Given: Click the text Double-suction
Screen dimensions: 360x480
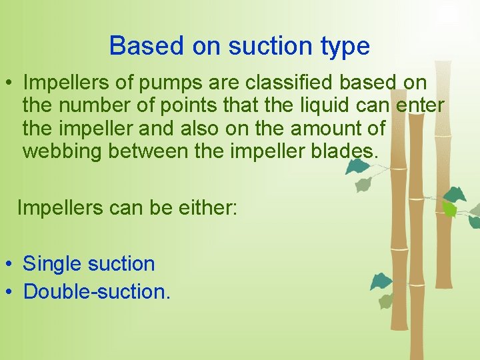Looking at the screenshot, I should (97, 291).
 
